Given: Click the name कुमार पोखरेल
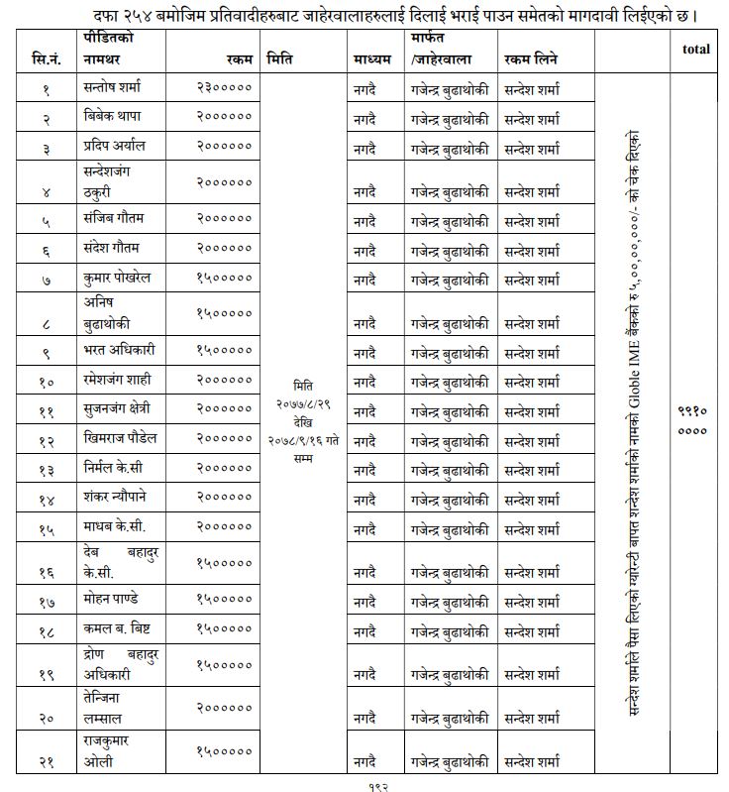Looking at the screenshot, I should click(x=118, y=279).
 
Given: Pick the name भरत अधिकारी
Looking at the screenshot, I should click(x=120, y=350).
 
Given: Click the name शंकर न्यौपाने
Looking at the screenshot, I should click(x=120, y=497).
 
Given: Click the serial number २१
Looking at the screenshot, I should click(x=46, y=761).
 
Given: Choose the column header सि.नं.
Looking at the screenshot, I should click(x=45, y=60).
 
